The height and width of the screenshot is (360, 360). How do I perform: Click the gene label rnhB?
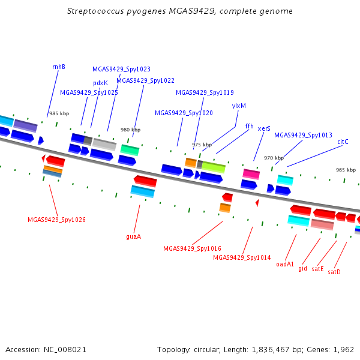click(59, 67)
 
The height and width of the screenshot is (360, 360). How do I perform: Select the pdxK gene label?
click(101, 83)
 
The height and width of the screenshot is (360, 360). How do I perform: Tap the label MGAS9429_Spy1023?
click(121, 69)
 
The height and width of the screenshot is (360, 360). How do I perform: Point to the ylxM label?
click(239, 106)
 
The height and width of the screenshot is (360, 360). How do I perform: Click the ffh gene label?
click(250, 126)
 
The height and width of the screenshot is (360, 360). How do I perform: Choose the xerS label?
click(264, 128)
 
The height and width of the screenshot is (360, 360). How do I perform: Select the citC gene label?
click(343, 142)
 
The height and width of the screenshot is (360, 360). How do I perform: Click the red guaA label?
click(134, 237)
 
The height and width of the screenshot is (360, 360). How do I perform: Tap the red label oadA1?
click(285, 264)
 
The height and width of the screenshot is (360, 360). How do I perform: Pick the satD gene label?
click(334, 272)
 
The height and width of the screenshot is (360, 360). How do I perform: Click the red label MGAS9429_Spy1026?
click(56, 220)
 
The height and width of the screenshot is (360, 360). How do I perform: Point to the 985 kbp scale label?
click(59, 113)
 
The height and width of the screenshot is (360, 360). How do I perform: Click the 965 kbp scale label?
click(346, 170)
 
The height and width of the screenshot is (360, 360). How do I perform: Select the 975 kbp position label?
click(202, 145)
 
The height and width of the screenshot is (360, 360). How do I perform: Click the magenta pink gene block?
click(251, 174)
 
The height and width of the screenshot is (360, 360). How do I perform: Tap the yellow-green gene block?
click(214, 167)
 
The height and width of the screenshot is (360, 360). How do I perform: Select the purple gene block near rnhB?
click(25, 125)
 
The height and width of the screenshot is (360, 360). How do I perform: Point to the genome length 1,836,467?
click(271, 350)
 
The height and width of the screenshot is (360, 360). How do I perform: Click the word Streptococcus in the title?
click(95, 11)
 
